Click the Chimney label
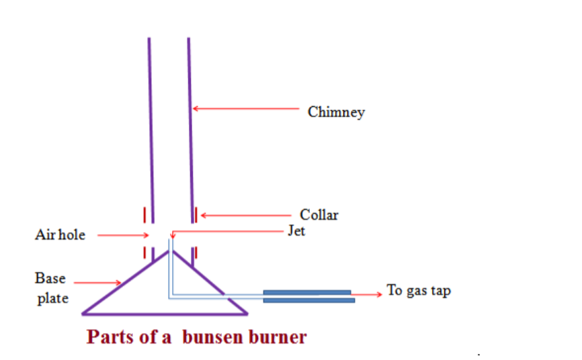pyautogui.click(x=336, y=111)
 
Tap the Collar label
pyautogui.click(x=319, y=215)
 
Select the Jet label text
pyautogui.click(x=296, y=232)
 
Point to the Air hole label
pyautogui.click(x=60, y=235)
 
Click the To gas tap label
pyautogui.click(x=419, y=291)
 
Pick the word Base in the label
pyautogui.click(x=50, y=278)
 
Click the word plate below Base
pyautogui.click(x=52, y=298)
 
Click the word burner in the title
pyautogui.click(x=276, y=336)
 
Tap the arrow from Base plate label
pyautogui.click(x=97, y=283)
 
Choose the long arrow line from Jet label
pyautogui.click(x=228, y=230)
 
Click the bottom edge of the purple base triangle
pyautogui.click(x=165, y=313)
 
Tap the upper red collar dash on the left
pyautogui.click(x=144, y=214)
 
